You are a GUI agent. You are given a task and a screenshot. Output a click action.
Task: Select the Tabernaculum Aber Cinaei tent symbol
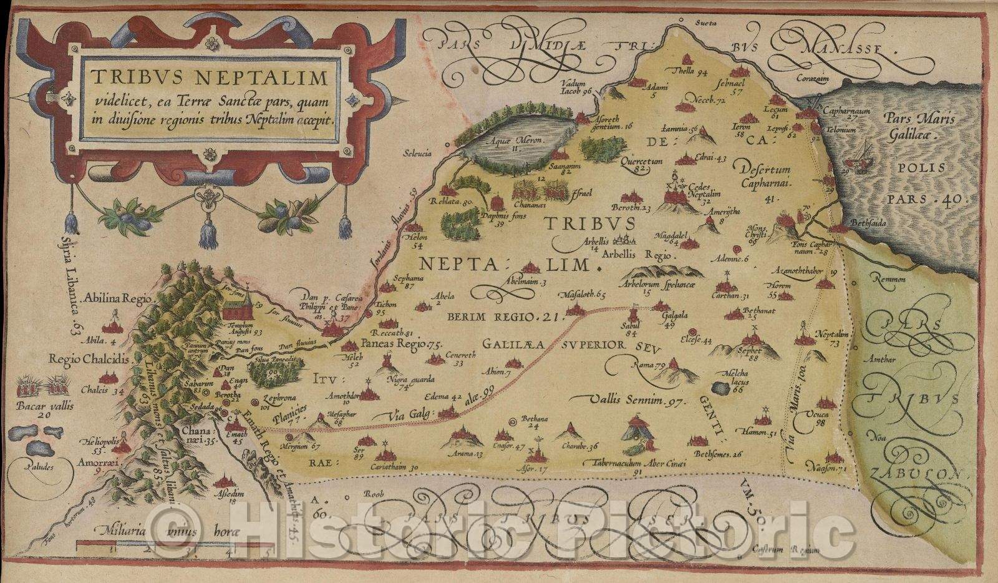click(x=637, y=433)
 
